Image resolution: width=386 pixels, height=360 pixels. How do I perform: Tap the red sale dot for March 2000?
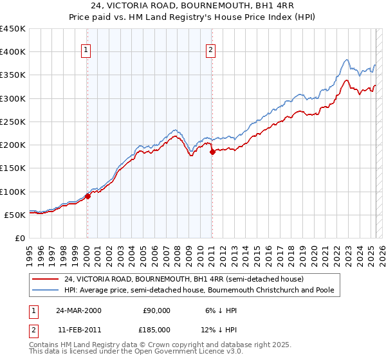coord(88,197)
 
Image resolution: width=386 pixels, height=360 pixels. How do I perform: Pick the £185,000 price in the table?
coord(156,329)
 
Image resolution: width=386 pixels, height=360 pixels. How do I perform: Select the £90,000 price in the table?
coord(156,310)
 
